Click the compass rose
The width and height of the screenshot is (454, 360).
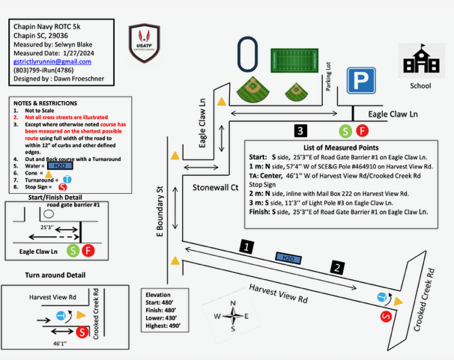[x=233, y=316]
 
